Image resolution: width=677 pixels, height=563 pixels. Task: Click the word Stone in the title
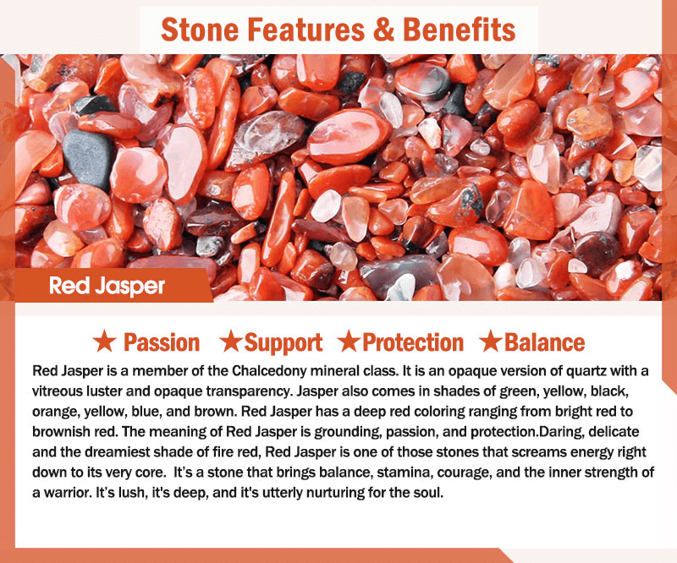(200, 30)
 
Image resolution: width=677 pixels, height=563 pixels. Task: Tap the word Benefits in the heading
(459, 30)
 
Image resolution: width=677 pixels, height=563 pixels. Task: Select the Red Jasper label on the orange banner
(107, 286)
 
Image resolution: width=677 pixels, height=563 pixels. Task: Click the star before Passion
(104, 341)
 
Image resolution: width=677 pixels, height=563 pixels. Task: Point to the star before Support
(231, 341)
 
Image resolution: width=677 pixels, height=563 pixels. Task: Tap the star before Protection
(349, 341)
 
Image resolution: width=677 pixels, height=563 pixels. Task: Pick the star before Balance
(491, 341)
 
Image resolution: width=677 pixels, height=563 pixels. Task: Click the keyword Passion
(162, 342)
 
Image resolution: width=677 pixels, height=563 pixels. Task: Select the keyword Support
(283, 343)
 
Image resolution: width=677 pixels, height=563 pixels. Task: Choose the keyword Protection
(413, 342)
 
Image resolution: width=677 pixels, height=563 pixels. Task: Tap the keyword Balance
(544, 342)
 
